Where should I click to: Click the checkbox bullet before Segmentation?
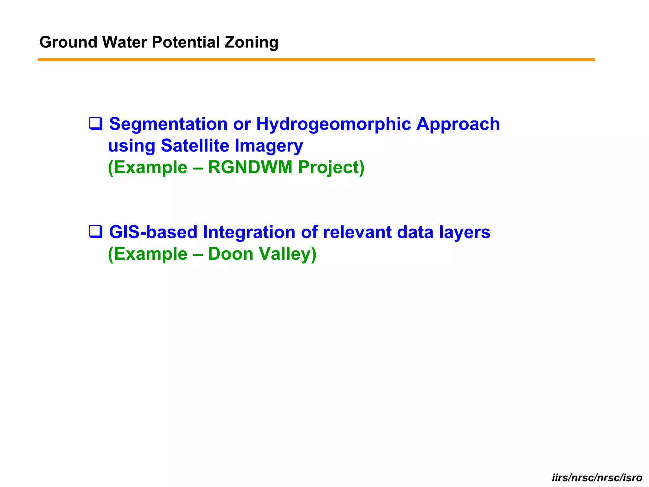(x=96, y=123)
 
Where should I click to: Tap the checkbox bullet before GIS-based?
(x=96, y=231)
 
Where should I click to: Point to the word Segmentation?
(x=168, y=124)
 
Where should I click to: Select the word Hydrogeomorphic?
(x=333, y=124)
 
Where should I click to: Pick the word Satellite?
(x=195, y=146)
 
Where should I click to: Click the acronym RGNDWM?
(x=250, y=167)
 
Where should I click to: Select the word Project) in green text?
(x=331, y=167)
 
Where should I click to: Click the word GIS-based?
(x=153, y=232)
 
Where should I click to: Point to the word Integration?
(x=249, y=232)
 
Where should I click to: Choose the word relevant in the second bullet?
(x=357, y=232)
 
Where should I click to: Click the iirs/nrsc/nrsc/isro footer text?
(x=597, y=477)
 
